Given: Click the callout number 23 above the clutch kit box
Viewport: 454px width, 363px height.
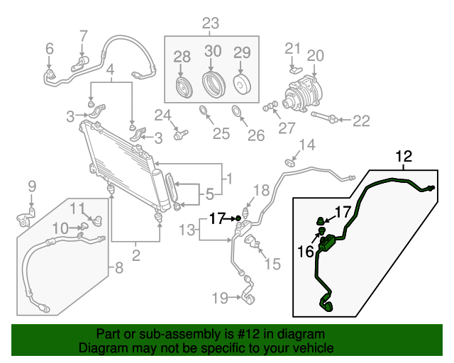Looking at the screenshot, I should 211,23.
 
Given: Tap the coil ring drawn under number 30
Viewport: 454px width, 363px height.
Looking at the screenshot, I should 212,84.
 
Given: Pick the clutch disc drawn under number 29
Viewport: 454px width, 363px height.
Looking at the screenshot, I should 242,85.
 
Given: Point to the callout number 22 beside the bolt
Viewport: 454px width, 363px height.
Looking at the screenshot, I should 361,121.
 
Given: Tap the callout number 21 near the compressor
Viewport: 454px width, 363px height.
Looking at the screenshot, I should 293,48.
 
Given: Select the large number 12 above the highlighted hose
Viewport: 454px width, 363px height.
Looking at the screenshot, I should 403,156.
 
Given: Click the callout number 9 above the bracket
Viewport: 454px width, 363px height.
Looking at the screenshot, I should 31,186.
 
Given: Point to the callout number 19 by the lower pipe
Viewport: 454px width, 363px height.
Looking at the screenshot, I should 221,297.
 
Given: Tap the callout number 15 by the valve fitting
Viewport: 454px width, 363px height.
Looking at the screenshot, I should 272,264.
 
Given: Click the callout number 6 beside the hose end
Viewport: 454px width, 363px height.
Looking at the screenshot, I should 49,49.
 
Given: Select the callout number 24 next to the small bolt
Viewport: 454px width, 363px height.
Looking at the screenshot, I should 163,116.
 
